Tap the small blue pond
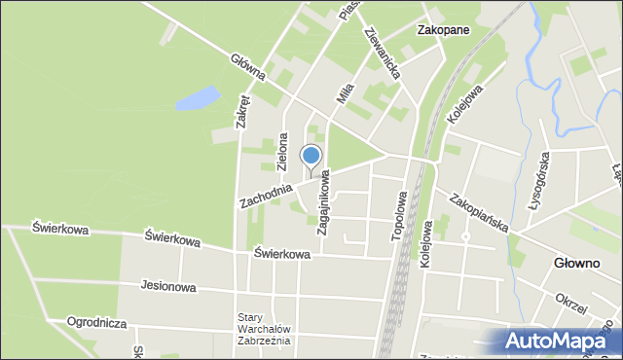point(199,96)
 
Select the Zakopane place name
point(443,30)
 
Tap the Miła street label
point(344,94)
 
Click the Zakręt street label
point(242,110)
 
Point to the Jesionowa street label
point(168,287)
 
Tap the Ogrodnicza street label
point(98,321)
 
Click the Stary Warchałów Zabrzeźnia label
point(264,329)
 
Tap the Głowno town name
point(576,263)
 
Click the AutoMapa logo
point(559,341)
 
